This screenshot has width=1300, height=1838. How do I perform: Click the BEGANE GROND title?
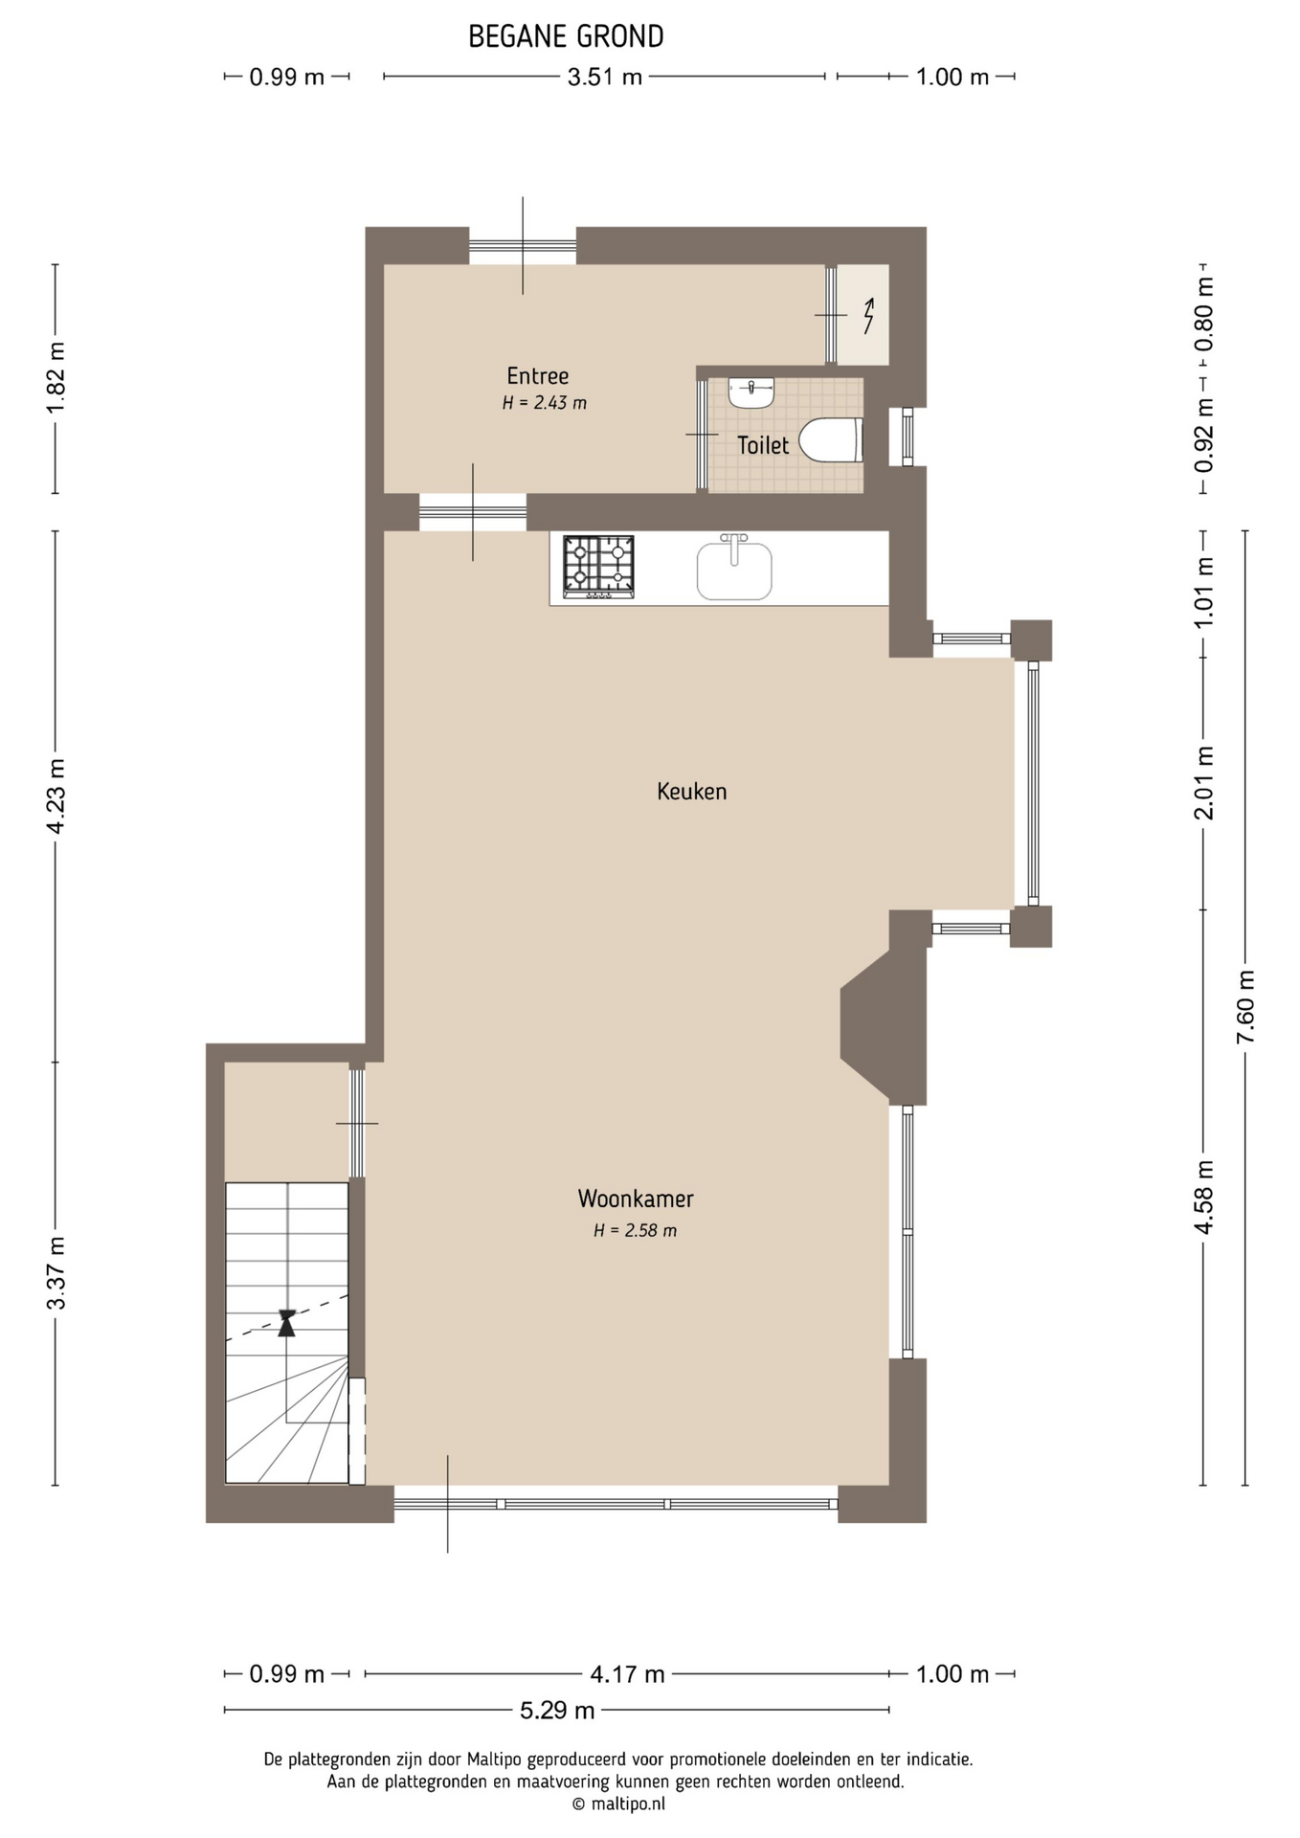coord(566,36)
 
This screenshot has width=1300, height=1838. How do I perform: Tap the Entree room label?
coord(538,376)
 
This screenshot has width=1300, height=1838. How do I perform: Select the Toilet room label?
coord(763,445)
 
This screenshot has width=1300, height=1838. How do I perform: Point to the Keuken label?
coord(691,792)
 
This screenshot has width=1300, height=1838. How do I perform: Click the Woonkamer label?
coord(636,1199)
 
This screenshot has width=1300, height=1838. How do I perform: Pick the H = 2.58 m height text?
coord(635,1231)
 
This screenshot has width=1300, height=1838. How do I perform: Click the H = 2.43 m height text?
coord(545,403)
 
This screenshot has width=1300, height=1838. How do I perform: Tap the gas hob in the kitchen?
coord(598,567)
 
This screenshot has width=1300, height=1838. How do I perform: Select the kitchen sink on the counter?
coord(734,568)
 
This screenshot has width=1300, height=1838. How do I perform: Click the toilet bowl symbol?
coord(831,439)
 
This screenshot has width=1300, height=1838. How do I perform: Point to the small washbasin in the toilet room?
coord(751,392)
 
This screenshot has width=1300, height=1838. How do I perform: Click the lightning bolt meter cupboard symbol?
coord(869,316)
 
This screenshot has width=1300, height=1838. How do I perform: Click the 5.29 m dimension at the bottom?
coord(557,1710)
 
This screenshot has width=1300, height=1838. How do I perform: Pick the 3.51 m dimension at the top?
coord(604,77)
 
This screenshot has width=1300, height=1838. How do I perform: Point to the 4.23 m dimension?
coord(56,796)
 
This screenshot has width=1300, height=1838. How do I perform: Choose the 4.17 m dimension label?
coord(627,1674)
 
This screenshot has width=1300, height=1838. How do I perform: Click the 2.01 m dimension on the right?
coord(1204,783)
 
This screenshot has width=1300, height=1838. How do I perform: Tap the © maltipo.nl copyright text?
coord(618,1804)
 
